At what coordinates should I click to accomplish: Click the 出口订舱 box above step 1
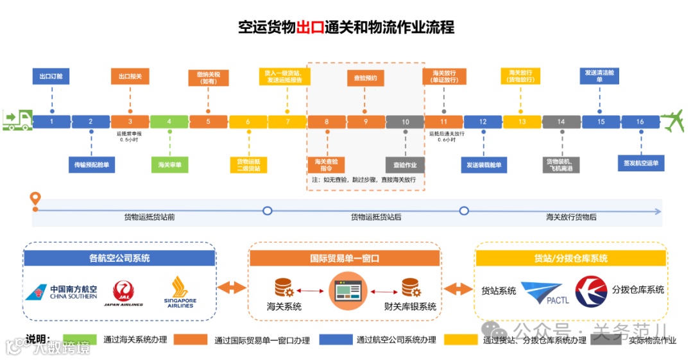(51, 77)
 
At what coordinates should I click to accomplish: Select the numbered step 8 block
(327, 122)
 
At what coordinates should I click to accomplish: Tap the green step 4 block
(169, 122)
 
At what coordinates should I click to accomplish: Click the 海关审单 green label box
(169, 165)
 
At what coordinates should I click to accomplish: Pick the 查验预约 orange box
(366, 78)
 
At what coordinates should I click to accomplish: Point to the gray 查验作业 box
(405, 165)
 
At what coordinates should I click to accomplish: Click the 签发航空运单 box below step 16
(640, 164)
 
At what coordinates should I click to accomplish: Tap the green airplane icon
(672, 121)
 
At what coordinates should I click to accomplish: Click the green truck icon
(17, 120)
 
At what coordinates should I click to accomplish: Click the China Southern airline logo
(62, 293)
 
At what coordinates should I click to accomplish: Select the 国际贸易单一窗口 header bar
(345, 258)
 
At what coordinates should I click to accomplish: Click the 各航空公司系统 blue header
(119, 258)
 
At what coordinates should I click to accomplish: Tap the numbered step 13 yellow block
(522, 122)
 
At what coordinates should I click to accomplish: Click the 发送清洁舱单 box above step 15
(600, 76)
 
